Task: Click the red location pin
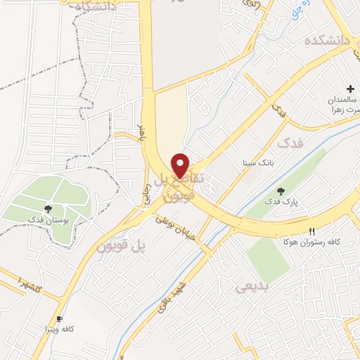tap(181, 165)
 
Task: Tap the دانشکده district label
tap(327, 41)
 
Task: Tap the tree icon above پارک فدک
tap(282, 191)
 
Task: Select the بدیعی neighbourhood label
tap(252, 286)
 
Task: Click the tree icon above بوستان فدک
tap(48, 209)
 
